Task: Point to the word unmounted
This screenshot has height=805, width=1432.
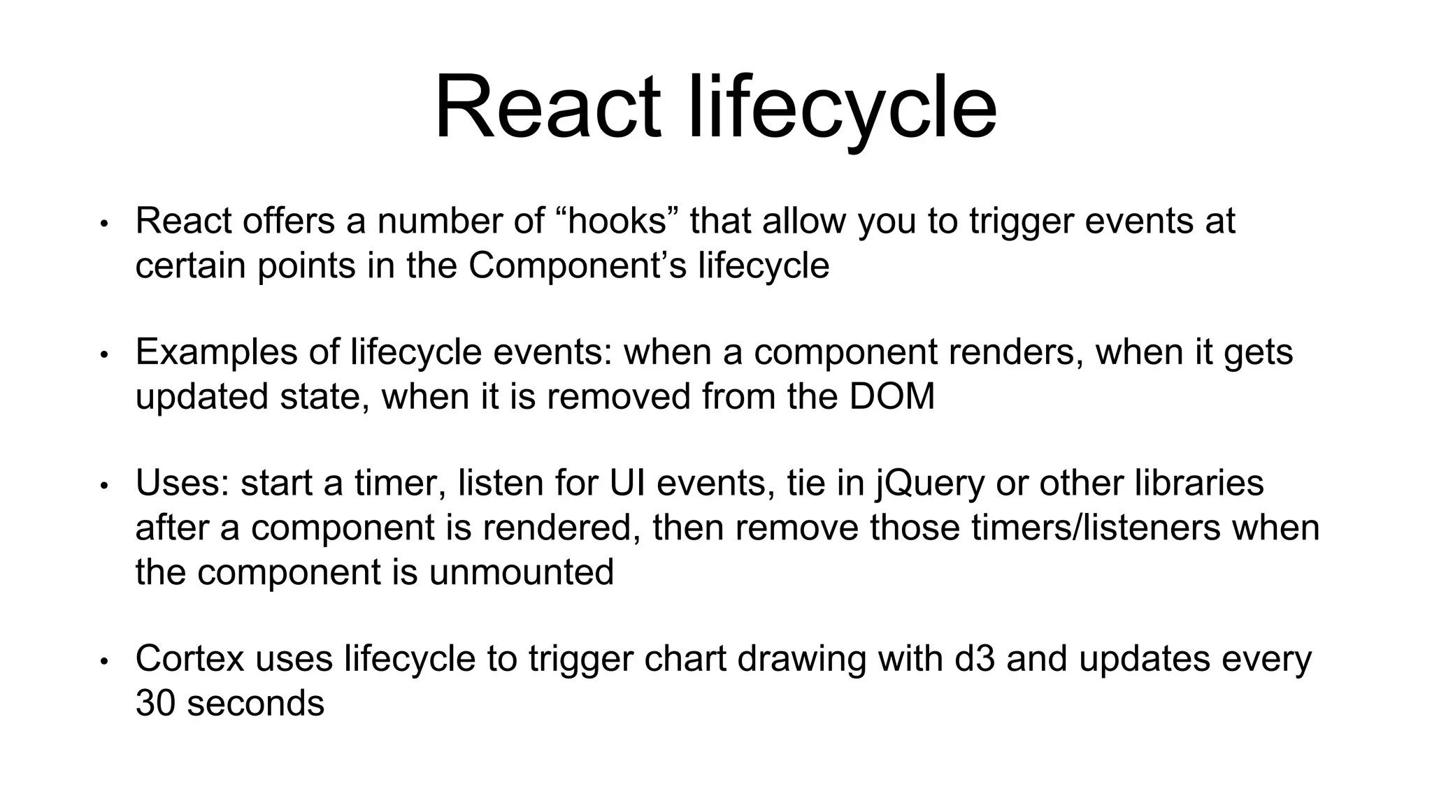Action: point(521,572)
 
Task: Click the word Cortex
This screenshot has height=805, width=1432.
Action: point(189,659)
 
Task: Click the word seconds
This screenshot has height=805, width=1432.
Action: point(256,703)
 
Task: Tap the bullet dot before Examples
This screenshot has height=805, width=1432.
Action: point(104,354)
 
